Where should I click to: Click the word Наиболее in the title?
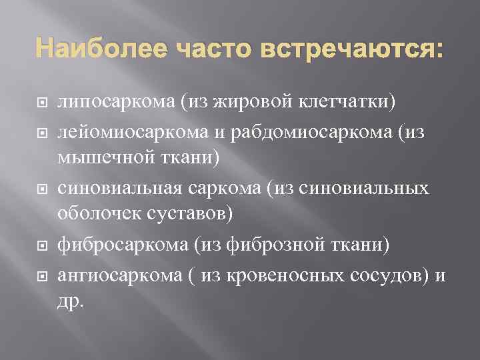click(99, 49)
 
